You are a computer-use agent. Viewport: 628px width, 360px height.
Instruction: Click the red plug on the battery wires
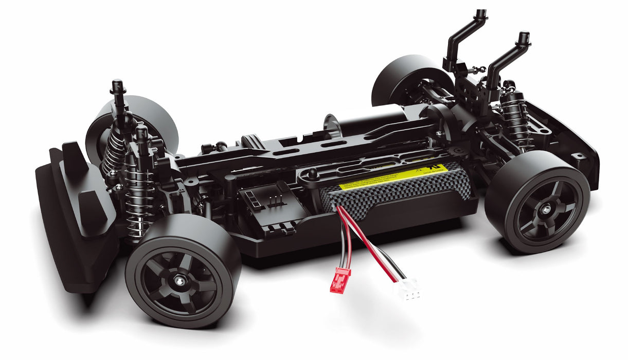340,279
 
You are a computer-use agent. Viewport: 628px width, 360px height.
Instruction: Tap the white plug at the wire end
406,290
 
